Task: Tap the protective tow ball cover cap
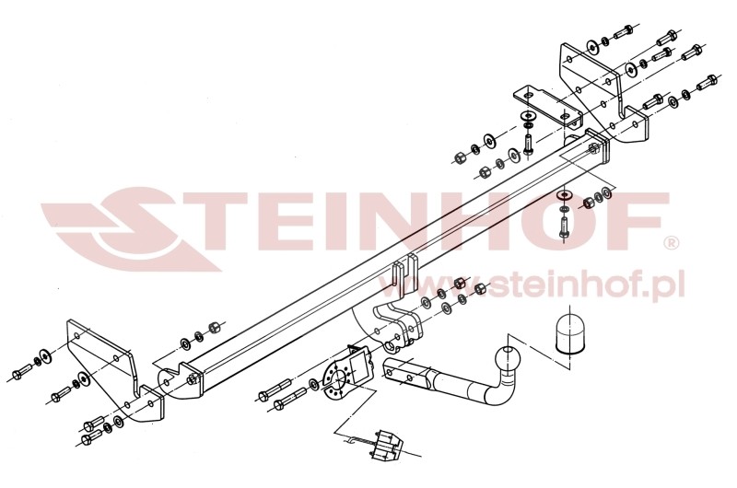coord(569,333)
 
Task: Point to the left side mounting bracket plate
coord(116,371)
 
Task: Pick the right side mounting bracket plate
coord(603,94)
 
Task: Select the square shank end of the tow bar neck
coord(404,374)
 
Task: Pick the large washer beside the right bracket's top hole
coord(591,46)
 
